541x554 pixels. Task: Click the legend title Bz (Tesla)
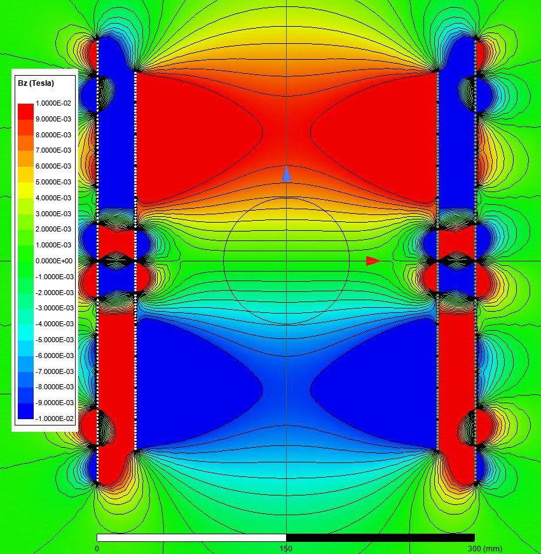tap(36, 83)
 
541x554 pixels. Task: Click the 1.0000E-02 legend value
tap(53, 103)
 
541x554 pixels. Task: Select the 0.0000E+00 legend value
tap(54, 261)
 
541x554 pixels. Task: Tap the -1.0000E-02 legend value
tap(55, 419)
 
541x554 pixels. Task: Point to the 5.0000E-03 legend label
tap(53, 182)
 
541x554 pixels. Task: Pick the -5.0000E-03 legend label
tap(55, 340)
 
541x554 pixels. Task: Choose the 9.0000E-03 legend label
tap(53, 119)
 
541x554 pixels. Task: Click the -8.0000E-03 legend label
tap(55, 387)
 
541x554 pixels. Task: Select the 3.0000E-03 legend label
tap(53, 214)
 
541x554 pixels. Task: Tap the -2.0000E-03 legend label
tap(55, 293)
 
